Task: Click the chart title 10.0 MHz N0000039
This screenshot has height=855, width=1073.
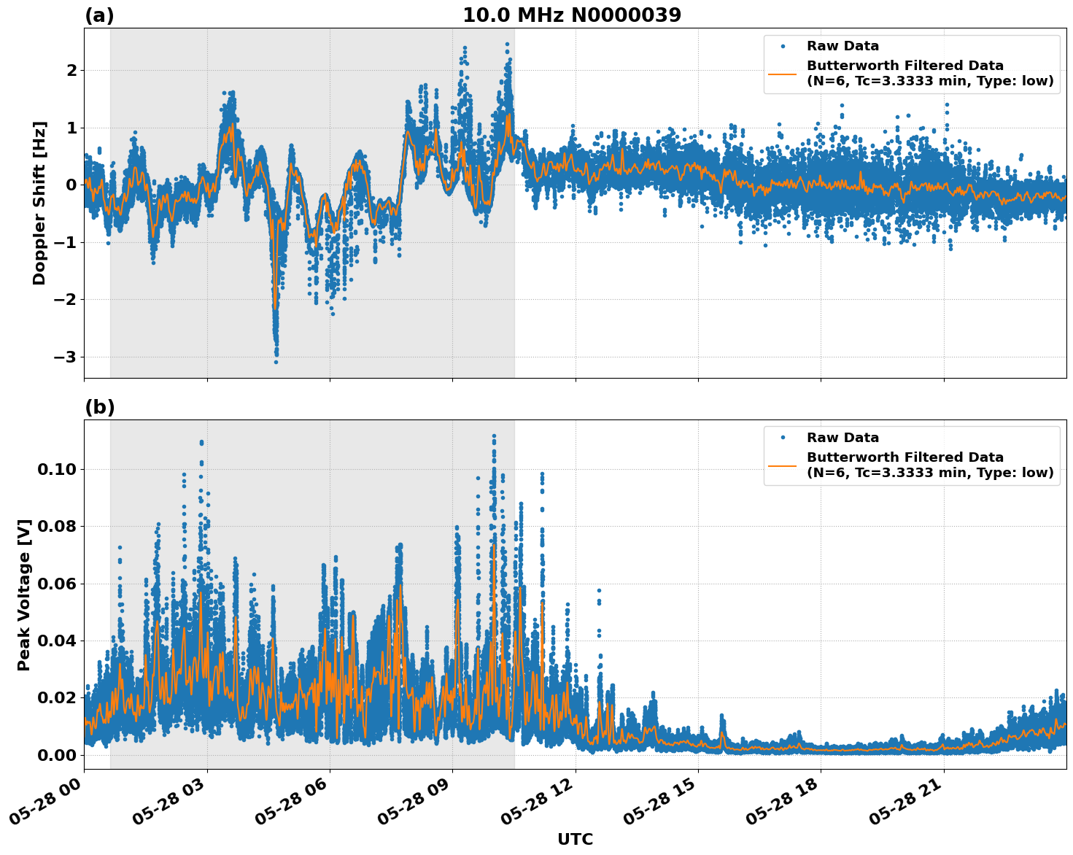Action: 572,15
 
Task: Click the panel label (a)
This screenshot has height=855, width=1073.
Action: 99,15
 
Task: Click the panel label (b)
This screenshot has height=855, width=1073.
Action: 99,407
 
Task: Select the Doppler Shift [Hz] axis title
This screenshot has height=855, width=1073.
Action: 39,203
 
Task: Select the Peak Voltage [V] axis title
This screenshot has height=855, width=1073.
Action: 24,595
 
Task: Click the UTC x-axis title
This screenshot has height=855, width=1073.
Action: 575,839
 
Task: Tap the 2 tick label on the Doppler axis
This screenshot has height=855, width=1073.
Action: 71,71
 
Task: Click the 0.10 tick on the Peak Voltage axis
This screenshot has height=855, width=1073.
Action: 56,469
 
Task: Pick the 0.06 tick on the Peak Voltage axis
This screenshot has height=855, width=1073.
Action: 56,584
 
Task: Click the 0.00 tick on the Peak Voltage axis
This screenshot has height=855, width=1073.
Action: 56,755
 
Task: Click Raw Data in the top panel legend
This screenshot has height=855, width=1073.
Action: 842,46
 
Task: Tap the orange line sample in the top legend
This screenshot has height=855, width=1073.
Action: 782,73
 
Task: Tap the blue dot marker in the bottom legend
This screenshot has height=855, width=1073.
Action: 782,438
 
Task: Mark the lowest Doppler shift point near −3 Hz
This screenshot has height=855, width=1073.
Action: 276,362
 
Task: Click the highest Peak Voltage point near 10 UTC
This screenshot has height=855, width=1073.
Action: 494,436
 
